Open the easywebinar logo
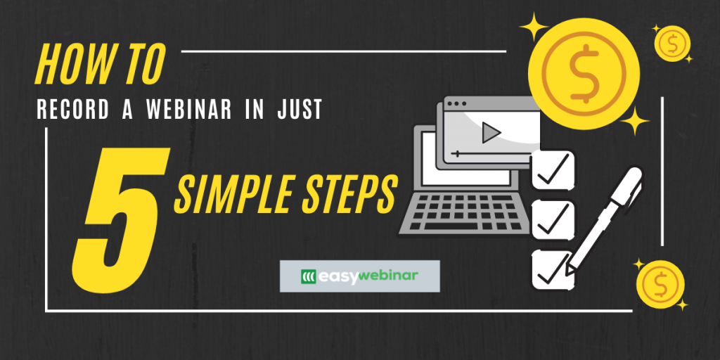[359, 276]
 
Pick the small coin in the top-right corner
[671, 44]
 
